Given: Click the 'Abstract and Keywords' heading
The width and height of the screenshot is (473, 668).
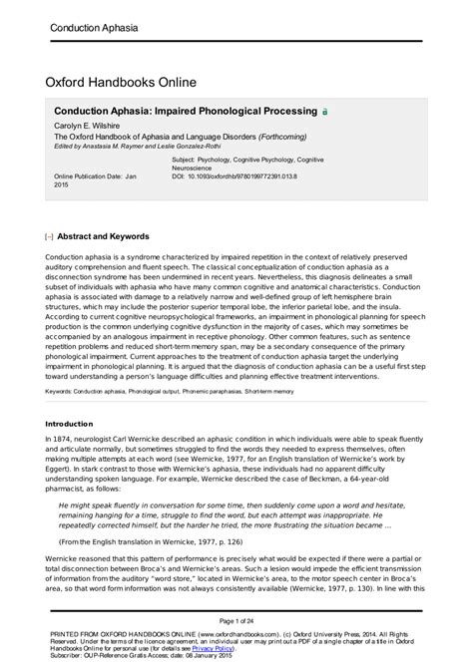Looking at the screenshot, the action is click(x=104, y=237).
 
